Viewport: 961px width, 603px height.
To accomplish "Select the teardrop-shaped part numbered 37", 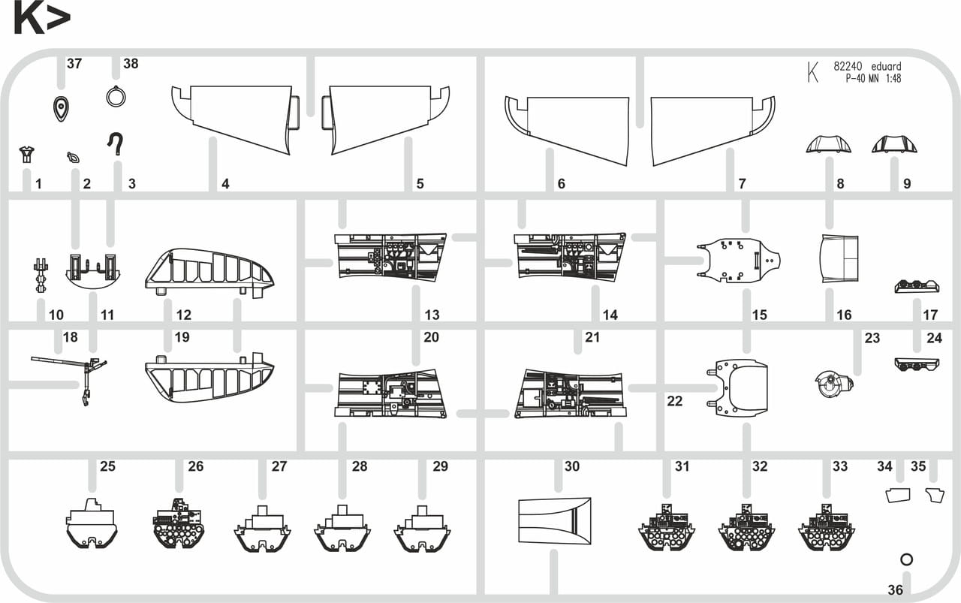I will point(61,109).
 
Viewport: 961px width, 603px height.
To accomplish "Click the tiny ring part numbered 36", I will point(906,559).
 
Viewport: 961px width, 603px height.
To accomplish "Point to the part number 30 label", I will point(572,466).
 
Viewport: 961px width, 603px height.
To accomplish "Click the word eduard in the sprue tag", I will point(886,67).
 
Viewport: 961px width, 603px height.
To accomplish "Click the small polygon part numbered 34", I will point(898,496).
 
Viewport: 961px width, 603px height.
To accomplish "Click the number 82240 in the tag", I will point(848,67).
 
